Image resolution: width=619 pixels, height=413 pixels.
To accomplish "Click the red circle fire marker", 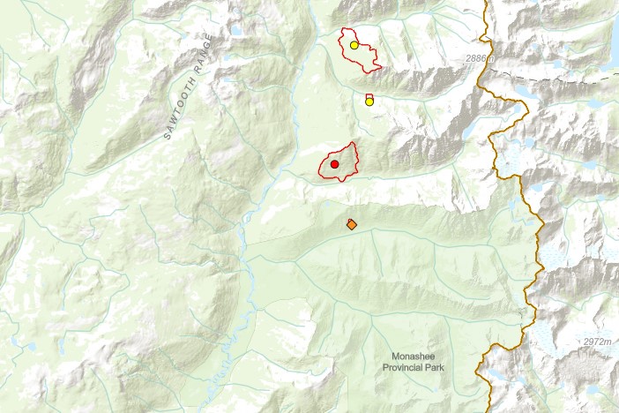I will tap(334, 164).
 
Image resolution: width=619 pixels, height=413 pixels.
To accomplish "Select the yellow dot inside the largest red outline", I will tap(354, 45).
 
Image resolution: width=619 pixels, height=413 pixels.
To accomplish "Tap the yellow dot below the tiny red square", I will tap(369, 101).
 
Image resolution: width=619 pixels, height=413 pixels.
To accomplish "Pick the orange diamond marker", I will tap(352, 225).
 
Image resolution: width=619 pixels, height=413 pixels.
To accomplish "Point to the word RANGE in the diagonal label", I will tap(205, 56).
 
